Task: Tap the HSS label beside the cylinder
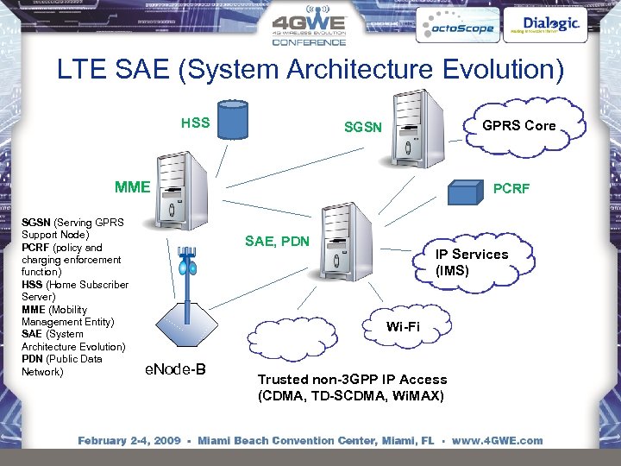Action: (x=195, y=123)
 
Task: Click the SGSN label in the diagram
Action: (x=362, y=127)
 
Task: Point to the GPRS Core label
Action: (x=518, y=125)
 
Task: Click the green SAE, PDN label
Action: (x=277, y=241)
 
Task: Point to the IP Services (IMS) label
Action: (x=471, y=262)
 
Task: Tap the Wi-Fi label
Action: (x=403, y=326)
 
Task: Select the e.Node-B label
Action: (x=175, y=369)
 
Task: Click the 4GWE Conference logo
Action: (x=309, y=29)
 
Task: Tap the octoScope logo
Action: (x=455, y=27)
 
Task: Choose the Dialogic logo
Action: (x=551, y=25)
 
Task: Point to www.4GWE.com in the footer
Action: (x=498, y=440)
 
